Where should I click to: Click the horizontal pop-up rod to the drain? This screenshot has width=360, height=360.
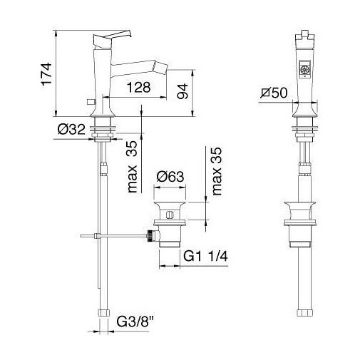click(x=114, y=234)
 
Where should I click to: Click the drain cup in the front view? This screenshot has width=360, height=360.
click(x=300, y=213)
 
